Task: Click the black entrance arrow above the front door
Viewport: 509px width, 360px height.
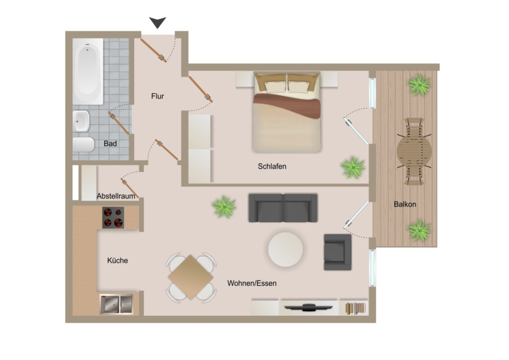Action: click(x=157, y=23)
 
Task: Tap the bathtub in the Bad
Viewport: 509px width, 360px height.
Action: click(x=88, y=71)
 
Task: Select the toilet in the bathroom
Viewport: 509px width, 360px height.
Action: click(x=83, y=145)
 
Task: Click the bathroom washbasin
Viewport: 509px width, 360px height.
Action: click(x=81, y=120)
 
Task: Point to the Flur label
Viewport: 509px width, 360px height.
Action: click(x=158, y=96)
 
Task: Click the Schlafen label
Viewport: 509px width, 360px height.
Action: click(x=272, y=166)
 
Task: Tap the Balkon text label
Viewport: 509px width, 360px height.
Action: click(x=405, y=204)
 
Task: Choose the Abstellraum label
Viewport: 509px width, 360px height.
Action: click(x=115, y=196)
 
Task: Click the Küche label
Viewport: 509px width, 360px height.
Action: click(x=118, y=260)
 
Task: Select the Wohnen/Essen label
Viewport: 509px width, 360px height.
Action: click(x=252, y=283)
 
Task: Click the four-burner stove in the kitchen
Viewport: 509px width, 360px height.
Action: click(x=113, y=218)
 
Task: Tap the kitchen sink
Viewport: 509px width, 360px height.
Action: click(x=116, y=305)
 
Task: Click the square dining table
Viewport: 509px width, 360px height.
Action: click(x=191, y=277)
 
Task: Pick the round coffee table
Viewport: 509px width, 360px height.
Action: click(x=285, y=249)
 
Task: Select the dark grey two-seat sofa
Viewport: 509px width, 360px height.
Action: click(x=283, y=208)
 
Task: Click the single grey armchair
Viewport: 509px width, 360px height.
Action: click(x=337, y=251)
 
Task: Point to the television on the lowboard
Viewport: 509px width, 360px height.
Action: click(x=308, y=307)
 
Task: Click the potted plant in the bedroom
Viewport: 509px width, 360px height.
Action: click(x=352, y=168)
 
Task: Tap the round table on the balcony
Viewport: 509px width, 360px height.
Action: click(x=414, y=151)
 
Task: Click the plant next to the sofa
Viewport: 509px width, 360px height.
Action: click(x=224, y=207)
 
